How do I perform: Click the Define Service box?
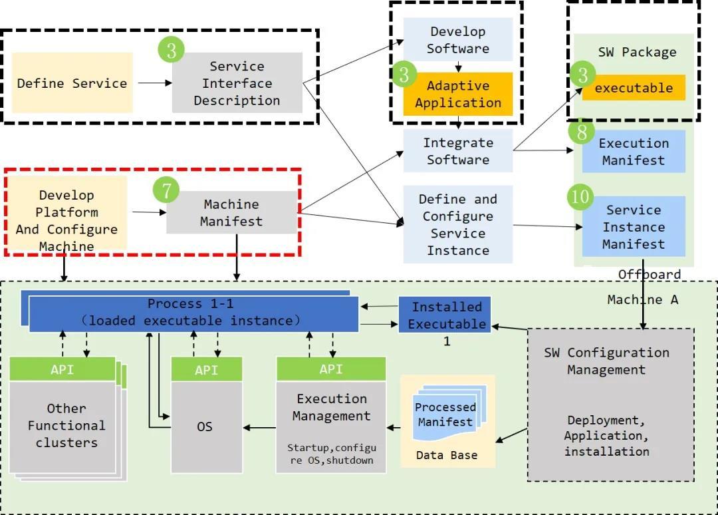pos(72,83)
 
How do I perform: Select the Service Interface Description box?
pos(237,83)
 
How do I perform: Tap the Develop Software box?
pos(458,39)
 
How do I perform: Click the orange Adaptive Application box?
pos(458,94)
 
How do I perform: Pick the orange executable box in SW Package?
pos(634,88)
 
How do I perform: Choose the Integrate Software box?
pos(458,151)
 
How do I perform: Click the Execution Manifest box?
pos(634,152)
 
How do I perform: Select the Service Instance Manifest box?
pos(634,227)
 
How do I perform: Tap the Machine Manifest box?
pos(231,213)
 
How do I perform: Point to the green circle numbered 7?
pos(166,190)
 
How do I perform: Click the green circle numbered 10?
pos(580,196)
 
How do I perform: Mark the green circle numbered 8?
pos(582,132)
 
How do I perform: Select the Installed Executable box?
pos(445,315)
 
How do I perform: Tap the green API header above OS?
pos(205,369)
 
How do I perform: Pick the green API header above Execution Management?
pos(331,369)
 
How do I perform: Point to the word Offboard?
pos(650,274)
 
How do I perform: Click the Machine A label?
pos(642,299)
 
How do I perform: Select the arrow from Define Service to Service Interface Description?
pos(152,83)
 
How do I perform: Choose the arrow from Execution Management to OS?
pos(259,427)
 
